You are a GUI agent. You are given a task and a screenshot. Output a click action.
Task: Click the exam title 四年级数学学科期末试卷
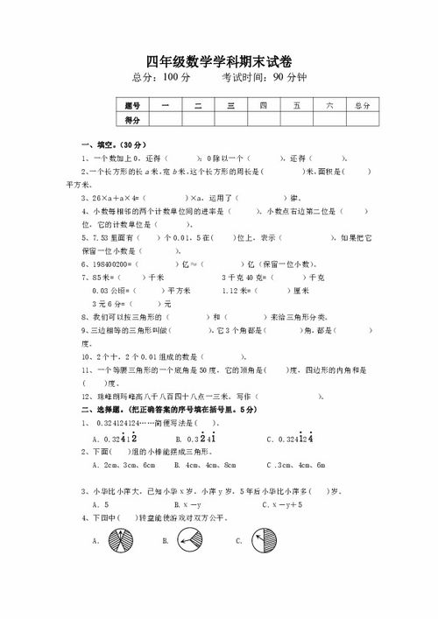tap(218, 59)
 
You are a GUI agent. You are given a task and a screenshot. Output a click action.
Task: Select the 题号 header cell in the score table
tap(134, 105)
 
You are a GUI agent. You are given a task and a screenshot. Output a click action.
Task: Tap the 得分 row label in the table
tap(134, 119)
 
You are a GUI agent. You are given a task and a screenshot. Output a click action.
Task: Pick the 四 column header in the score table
tap(262, 105)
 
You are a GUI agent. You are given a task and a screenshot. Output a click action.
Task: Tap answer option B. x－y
tap(188, 505)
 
